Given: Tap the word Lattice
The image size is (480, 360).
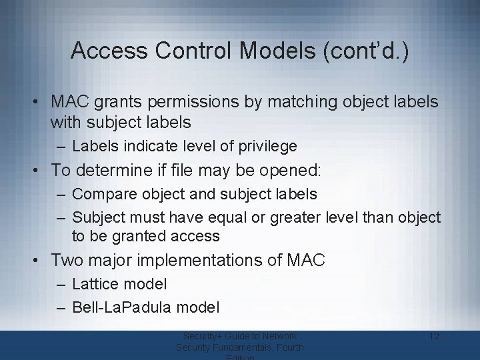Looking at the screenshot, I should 95,284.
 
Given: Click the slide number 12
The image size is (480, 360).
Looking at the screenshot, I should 434,336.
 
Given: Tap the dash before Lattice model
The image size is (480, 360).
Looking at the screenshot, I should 61,285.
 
